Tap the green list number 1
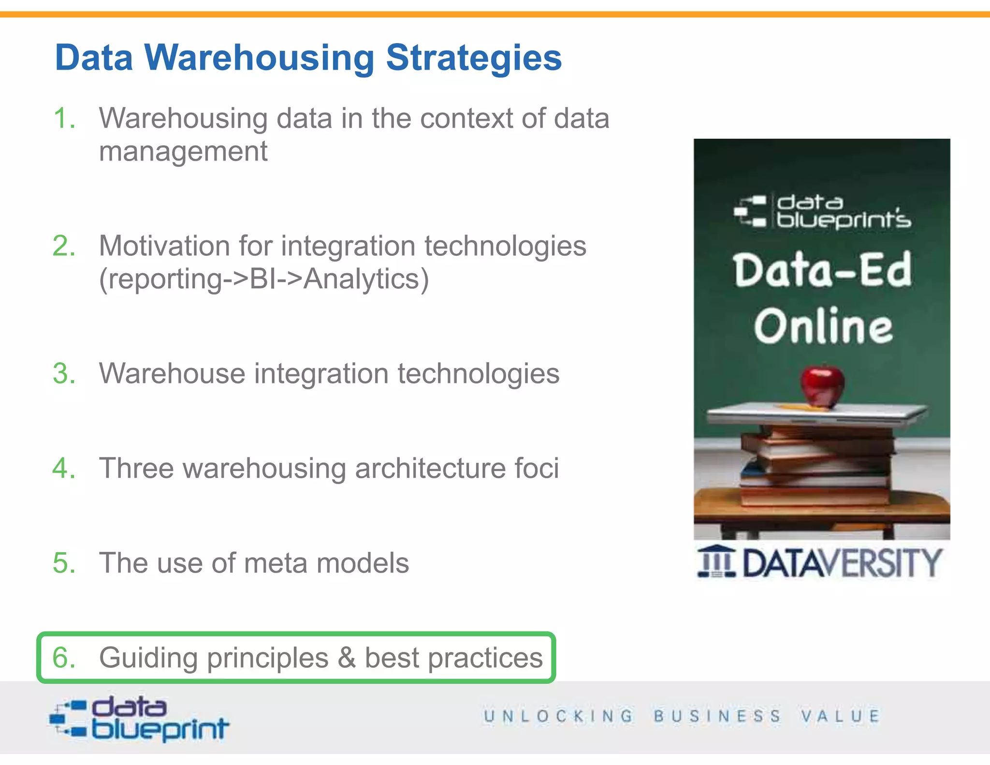[64, 118]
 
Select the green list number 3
[64, 374]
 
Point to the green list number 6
[64, 658]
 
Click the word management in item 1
[183, 151]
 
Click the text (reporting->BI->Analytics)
[264, 279]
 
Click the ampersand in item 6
[347, 658]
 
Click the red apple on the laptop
[822, 386]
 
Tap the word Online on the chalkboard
[823, 326]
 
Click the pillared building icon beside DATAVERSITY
[716, 561]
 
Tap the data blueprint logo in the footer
[139, 719]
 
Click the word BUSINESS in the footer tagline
[717, 716]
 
